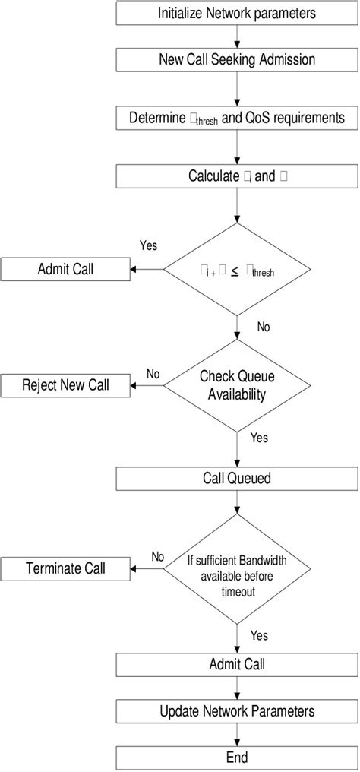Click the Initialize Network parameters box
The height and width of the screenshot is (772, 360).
coord(237,13)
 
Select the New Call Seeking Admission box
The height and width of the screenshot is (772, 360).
coord(237,59)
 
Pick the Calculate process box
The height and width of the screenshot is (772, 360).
coord(237,176)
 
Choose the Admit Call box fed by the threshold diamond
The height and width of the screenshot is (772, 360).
coord(65,269)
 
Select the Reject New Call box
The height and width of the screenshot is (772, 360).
coord(65,385)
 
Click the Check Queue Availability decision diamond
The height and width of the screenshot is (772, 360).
coord(237,385)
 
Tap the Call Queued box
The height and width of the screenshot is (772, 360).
coord(237,479)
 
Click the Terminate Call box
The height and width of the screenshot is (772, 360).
coord(65,568)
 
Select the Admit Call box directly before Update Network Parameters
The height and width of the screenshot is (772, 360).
coord(237,665)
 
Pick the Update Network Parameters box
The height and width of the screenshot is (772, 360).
coord(237,711)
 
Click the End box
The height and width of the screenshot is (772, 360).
coord(237,757)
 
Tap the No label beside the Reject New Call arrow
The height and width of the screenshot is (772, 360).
coord(153,374)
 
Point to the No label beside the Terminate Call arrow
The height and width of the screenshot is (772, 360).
coord(157,556)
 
